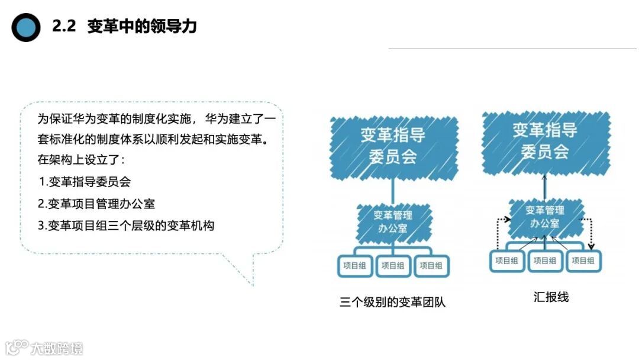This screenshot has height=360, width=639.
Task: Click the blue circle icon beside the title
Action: tap(26, 27)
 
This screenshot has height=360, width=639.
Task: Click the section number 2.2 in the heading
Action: tap(64, 27)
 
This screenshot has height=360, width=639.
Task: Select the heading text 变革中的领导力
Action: tap(141, 27)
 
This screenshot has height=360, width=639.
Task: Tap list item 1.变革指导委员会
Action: tap(85, 182)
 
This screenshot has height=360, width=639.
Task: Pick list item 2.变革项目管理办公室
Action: tap(96, 204)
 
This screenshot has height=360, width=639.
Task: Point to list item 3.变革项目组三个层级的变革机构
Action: tap(125, 226)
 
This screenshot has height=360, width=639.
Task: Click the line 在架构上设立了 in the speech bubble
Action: tap(81, 160)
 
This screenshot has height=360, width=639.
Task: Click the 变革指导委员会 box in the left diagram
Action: tap(393, 145)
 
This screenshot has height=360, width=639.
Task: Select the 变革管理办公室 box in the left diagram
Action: tap(393, 220)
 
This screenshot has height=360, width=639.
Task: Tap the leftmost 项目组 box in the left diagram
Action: tap(354, 266)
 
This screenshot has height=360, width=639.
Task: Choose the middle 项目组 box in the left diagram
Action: tap(393, 266)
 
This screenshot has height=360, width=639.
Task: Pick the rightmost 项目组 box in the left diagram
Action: tap(431, 266)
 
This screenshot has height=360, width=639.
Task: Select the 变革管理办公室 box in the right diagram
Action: tap(546, 217)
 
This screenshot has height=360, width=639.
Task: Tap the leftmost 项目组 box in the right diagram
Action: tap(508, 261)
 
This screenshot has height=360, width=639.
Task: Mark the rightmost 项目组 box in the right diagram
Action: tap(583, 261)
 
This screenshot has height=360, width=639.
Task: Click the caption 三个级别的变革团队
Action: tap(393, 303)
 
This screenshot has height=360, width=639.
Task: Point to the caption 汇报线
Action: tap(551, 297)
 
